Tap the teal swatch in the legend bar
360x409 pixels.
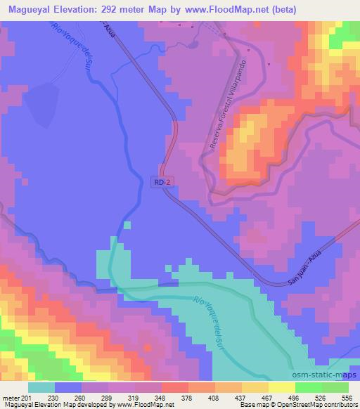41,387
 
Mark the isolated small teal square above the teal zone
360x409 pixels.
127,226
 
